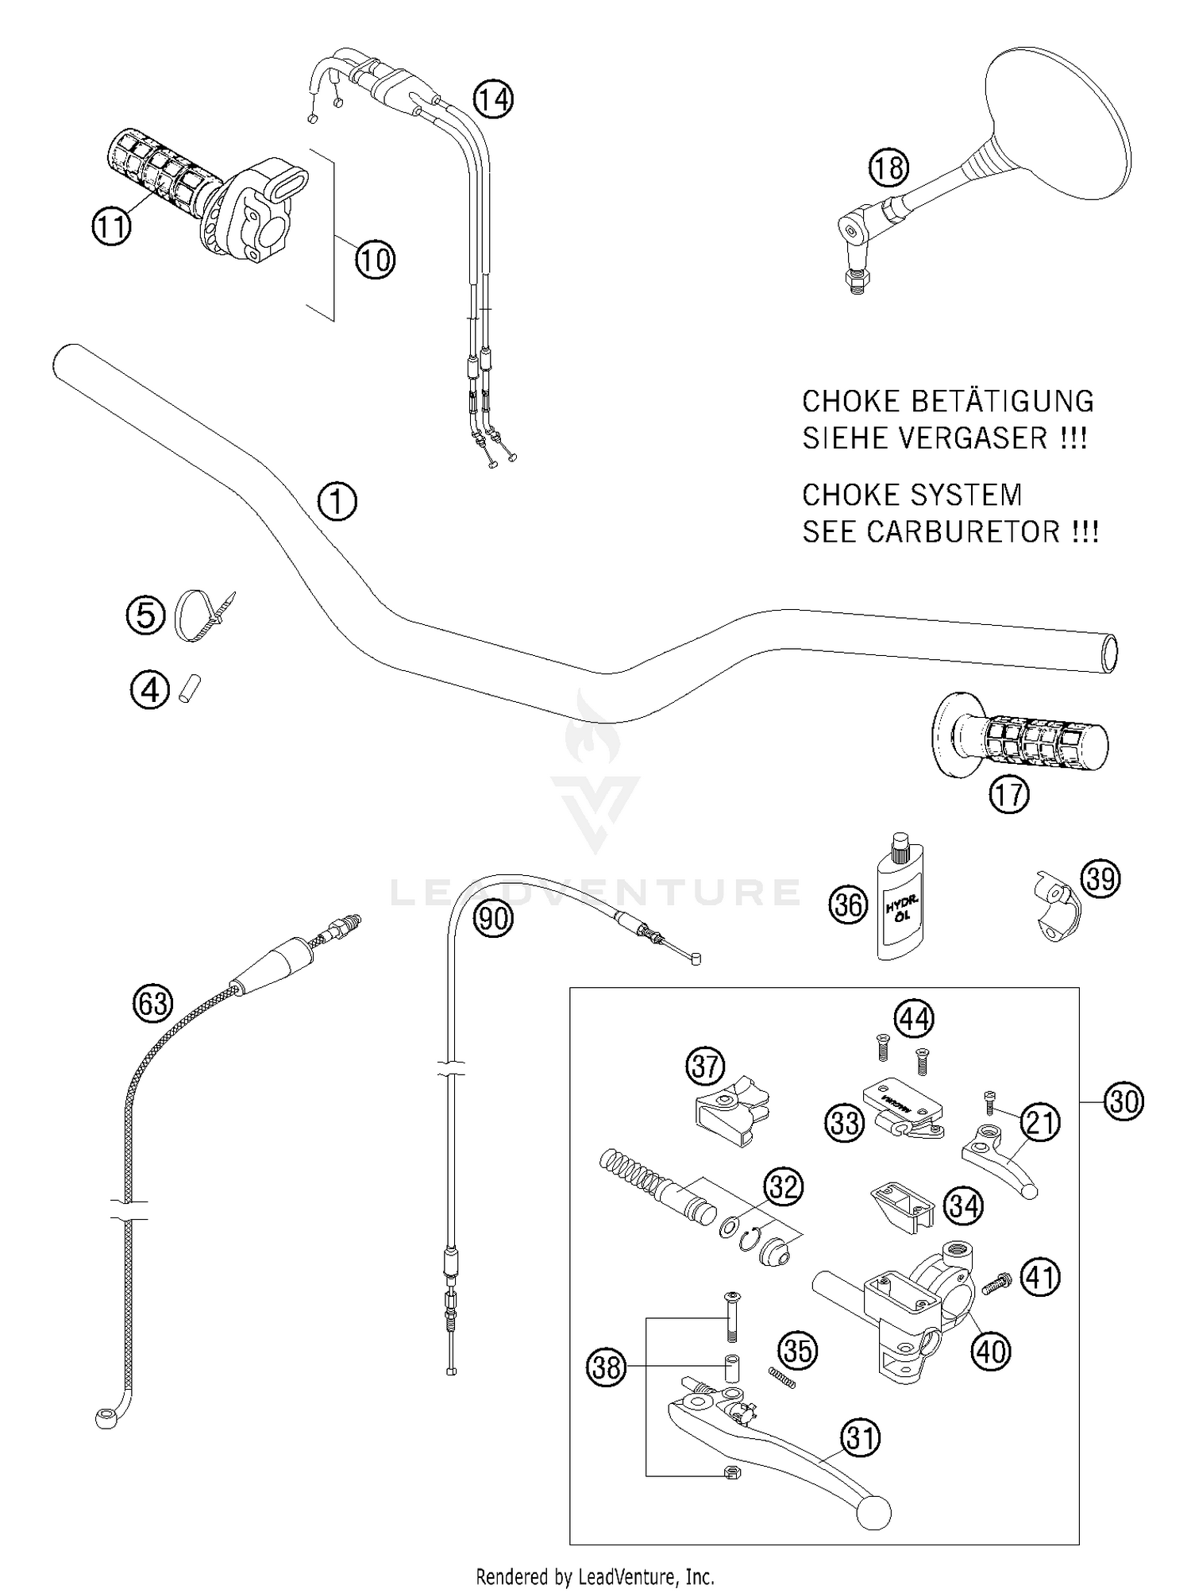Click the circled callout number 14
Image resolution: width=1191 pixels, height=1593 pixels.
(x=493, y=100)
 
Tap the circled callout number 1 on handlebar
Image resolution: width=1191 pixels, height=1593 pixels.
(x=337, y=502)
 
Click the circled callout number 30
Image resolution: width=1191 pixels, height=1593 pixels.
(x=1124, y=1101)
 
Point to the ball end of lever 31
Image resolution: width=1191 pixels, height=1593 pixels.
(x=872, y=1514)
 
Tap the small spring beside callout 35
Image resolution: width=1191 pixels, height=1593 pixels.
(x=782, y=1379)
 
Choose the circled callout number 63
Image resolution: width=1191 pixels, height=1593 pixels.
(x=152, y=1003)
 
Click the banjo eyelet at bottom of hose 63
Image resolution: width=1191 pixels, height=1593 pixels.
(x=106, y=1418)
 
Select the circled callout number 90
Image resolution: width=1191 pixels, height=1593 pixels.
(x=493, y=919)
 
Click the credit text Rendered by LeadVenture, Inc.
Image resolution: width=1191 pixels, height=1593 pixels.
(x=595, y=1576)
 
